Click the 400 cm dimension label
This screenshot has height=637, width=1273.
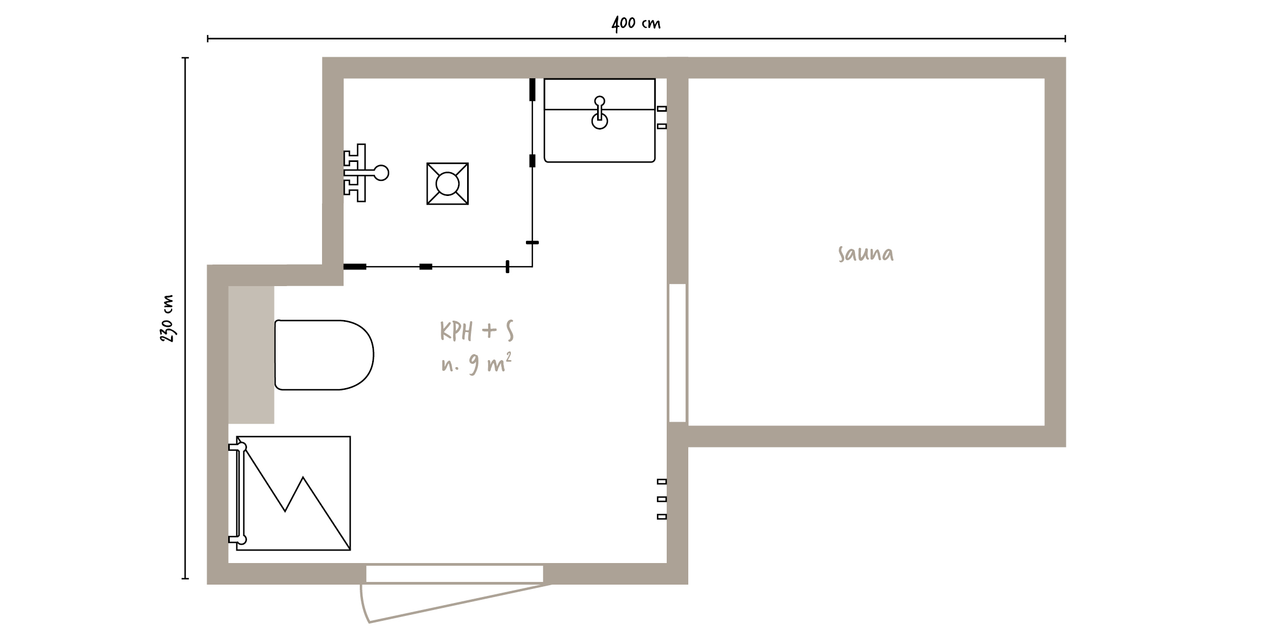pos(636,24)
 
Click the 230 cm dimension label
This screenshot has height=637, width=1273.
pos(167,318)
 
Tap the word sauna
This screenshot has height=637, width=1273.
pos(866,254)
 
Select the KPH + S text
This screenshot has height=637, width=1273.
pos(477,331)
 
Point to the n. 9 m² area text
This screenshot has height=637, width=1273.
pos(476,364)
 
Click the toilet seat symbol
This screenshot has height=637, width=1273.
pos(324,355)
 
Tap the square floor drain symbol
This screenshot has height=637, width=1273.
pos(447,184)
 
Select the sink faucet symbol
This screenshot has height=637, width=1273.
pos(599,112)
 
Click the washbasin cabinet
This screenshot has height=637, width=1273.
pos(599,120)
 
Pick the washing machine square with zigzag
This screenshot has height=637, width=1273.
pos(293,493)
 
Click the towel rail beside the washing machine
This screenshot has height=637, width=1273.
pos(238,493)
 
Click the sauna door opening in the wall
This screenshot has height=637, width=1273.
pos(677,353)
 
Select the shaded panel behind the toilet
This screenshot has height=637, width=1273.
pos(251,355)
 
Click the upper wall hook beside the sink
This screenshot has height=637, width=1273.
pos(662,109)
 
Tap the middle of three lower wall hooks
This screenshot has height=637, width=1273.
pos(662,499)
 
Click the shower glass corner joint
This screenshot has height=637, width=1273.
pos(532,266)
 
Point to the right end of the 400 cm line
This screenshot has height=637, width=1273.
pos(1065,38)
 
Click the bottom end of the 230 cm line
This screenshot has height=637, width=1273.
pos(186,579)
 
